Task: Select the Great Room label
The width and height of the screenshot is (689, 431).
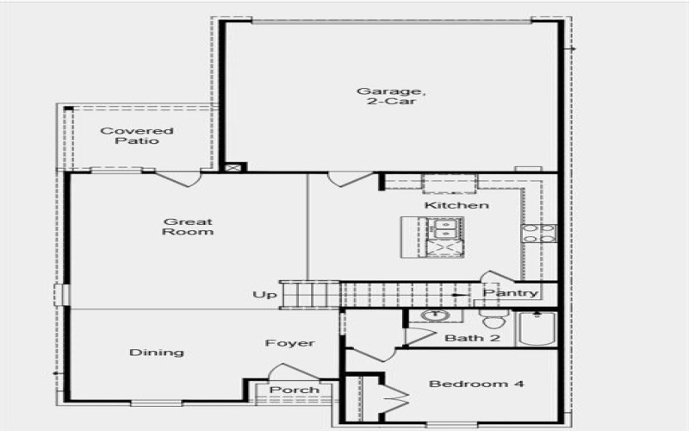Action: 188,227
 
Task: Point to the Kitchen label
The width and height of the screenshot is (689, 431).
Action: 456,206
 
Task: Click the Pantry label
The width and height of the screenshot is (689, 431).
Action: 510,293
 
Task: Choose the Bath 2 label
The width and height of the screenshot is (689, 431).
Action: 472,338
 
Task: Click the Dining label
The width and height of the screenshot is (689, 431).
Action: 157,352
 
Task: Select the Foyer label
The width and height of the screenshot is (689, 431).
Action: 289,343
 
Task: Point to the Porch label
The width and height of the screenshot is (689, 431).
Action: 295,390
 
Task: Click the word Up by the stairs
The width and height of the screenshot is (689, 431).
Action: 264,296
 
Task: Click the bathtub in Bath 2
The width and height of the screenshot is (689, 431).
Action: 537,329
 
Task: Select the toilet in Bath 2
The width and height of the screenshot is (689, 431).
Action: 493,321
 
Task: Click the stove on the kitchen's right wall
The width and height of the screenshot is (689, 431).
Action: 538,234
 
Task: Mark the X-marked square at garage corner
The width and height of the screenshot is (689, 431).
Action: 230,167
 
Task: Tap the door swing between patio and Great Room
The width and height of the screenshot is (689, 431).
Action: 179,179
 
